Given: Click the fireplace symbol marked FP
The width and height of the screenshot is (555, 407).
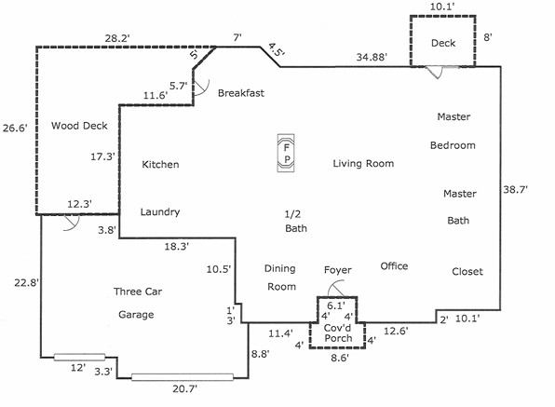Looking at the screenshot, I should pos(287,154).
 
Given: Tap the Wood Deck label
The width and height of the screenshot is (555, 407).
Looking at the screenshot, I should pos(79,126).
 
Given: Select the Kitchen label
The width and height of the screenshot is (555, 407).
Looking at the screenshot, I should pos(159,165).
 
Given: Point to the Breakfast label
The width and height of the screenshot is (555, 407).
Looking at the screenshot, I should pos(242,93).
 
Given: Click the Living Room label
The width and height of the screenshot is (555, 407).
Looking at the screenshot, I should pos(363,164).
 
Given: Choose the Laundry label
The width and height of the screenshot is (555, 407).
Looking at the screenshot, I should pos(159,212).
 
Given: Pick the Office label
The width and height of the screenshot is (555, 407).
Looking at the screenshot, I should pos(394,266).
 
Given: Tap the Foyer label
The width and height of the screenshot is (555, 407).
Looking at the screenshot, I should pos(337,270).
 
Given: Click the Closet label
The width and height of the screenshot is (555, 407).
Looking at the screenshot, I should pos(467,272).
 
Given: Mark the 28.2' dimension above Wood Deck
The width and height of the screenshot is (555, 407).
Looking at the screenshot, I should pos(117,39).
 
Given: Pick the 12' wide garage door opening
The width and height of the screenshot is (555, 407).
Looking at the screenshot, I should pos(78,357).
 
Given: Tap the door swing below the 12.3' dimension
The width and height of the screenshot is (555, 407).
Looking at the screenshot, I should pos(67,224).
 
